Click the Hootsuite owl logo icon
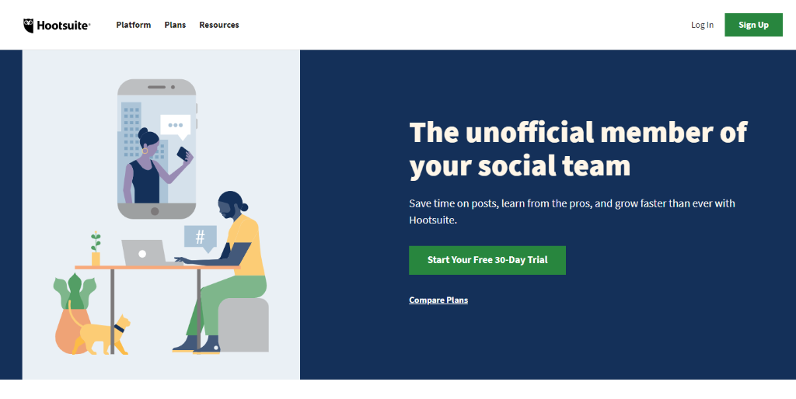point(29,26)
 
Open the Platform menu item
point(134,25)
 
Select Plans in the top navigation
point(175,25)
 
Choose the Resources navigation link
point(218,25)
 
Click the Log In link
point(702,25)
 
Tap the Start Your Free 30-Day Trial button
point(487,260)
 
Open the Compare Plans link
point(438,300)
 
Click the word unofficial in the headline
point(529,133)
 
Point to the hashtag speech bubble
point(201,238)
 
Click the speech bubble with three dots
point(175,126)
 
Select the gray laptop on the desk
point(144,253)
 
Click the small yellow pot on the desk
point(96,258)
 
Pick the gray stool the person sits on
point(243,325)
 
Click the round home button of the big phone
point(155,211)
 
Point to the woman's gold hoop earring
point(145,151)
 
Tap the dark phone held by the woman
point(182,154)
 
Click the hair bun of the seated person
point(245,206)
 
